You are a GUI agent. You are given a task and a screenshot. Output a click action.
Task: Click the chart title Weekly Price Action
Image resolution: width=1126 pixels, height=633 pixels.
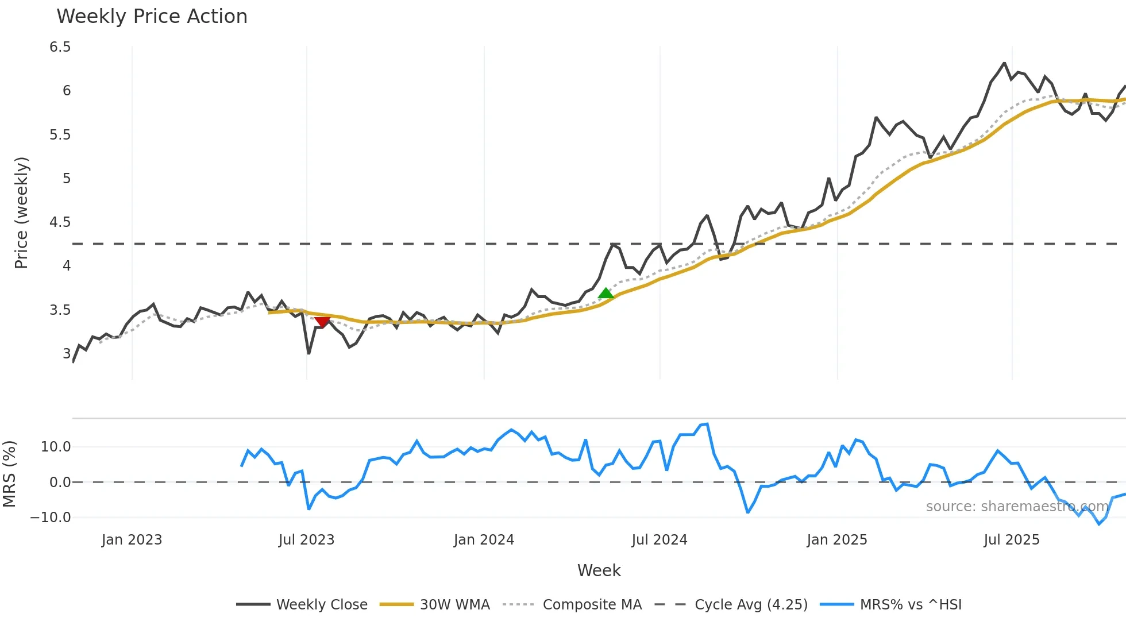152,17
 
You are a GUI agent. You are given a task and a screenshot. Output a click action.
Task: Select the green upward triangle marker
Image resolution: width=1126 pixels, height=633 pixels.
606,294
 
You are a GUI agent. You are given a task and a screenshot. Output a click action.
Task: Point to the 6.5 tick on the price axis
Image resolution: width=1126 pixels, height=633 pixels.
60,47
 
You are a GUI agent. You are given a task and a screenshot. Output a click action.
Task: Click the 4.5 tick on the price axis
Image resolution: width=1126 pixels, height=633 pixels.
60,222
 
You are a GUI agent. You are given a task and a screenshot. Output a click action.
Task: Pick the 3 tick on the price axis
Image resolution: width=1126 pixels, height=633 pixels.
67,354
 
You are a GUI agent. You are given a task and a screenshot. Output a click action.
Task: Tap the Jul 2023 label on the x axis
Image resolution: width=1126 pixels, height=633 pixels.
306,540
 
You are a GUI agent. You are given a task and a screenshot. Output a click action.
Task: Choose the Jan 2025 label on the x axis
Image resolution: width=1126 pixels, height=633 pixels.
836,540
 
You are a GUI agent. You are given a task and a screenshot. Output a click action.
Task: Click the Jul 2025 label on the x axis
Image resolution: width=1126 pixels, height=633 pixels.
1011,540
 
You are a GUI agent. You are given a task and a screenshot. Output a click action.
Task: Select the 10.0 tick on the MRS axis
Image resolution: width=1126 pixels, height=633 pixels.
56,447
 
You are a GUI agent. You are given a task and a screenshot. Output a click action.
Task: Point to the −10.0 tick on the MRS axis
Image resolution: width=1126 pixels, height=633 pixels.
51,518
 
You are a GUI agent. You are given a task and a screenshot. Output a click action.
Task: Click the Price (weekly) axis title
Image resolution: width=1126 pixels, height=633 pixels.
21,213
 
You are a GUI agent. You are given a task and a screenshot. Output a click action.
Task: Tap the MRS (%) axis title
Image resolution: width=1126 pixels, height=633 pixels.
10,474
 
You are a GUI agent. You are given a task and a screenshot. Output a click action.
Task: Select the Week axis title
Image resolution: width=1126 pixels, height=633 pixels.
599,570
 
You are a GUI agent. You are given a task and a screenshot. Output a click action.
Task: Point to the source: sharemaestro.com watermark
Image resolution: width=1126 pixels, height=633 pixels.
1017,507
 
